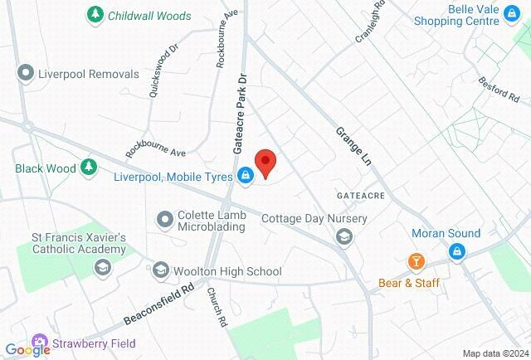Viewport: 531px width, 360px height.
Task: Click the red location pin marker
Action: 265,163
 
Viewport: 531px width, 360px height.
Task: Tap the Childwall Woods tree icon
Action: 96,15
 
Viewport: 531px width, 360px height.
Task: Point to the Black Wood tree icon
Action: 88,168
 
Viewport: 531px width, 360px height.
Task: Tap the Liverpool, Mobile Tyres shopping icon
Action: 246,175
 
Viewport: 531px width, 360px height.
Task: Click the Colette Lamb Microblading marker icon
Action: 164,219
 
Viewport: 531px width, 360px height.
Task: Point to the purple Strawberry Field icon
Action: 39,341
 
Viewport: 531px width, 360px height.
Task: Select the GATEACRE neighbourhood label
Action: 359,193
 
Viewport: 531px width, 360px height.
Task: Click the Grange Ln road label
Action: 353,147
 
